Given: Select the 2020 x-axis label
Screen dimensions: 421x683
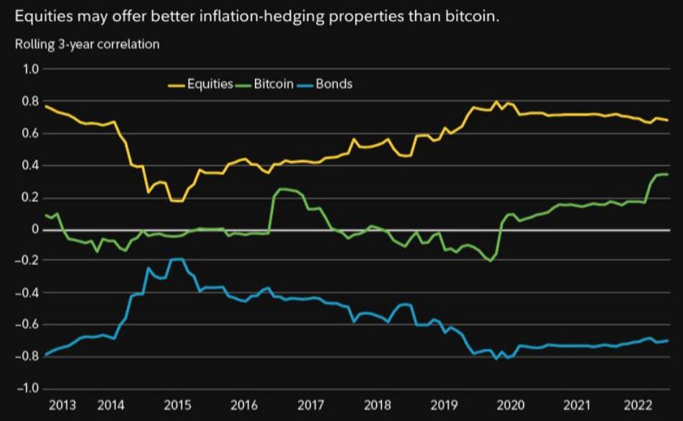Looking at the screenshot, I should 511,405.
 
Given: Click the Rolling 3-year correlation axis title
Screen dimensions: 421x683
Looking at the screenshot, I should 87,45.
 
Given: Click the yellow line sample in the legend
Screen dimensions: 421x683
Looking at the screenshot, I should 176,84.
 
